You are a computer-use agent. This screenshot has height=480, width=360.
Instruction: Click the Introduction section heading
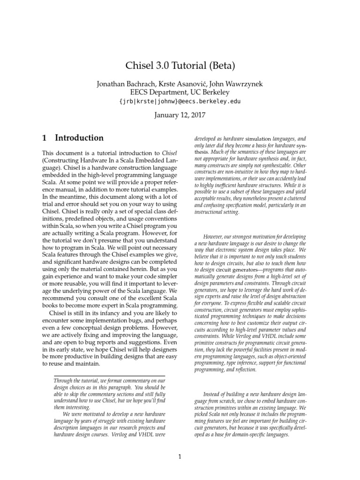(79, 138)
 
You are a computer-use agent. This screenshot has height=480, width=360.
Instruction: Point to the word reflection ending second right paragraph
(243, 369)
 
